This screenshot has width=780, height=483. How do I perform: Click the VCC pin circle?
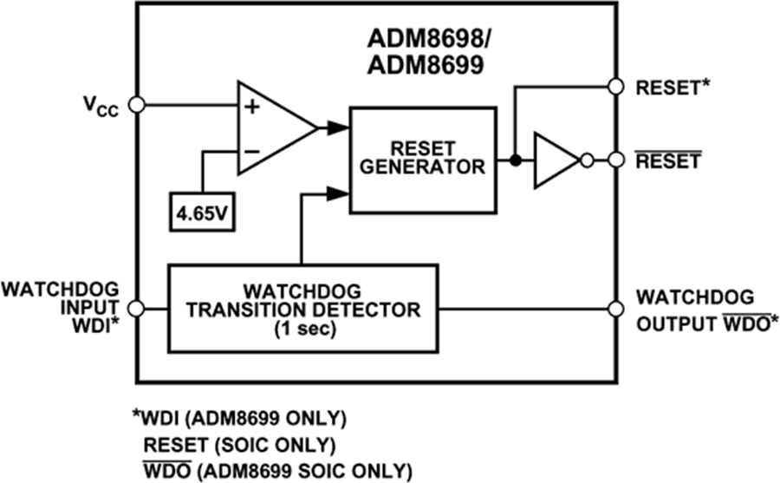(x=137, y=105)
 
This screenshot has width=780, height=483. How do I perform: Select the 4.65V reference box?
(x=203, y=212)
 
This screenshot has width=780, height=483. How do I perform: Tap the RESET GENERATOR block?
(x=423, y=160)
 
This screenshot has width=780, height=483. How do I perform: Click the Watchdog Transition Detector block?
(x=301, y=308)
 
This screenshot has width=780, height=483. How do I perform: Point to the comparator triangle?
(x=273, y=127)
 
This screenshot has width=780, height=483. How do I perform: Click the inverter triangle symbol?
(x=556, y=160)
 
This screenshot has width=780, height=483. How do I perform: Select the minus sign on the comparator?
(x=251, y=151)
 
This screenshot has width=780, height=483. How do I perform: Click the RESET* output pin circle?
(x=616, y=86)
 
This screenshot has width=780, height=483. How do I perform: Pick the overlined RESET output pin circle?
(x=616, y=160)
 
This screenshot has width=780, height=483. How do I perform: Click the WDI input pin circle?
(x=137, y=308)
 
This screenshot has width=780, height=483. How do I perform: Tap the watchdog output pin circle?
(x=616, y=308)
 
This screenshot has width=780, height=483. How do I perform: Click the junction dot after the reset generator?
(x=515, y=160)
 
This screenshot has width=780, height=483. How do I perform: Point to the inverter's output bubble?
(x=587, y=160)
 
